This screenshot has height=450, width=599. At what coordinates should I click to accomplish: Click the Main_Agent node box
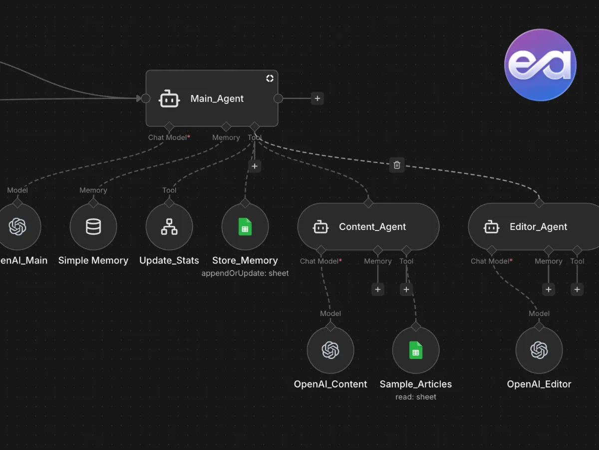click(x=212, y=98)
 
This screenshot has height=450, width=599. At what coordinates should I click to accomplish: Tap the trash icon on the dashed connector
click(x=397, y=165)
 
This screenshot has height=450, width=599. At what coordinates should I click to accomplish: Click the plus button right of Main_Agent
click(x=317, y=98)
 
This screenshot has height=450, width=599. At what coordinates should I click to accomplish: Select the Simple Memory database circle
click(x=93, y=226)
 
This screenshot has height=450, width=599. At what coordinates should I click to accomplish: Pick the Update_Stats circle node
click(x=169, y=226)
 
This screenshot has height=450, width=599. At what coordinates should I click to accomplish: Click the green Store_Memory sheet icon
click(x=245, y=226)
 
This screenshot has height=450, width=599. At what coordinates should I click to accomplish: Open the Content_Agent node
click(x=368, y=226)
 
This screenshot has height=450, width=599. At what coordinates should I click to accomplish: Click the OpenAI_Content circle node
click(x=330, y=350)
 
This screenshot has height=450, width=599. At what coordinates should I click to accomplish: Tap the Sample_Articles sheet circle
click(x=416, y=350)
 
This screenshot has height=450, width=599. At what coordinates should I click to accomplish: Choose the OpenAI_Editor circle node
click(x=539, y=350)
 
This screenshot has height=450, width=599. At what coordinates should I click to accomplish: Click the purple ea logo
click(x=541, y=65)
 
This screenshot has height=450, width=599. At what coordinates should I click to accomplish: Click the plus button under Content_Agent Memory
click(x=378, y=289)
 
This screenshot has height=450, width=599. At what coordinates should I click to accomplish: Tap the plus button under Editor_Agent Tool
click(x=577, y=289)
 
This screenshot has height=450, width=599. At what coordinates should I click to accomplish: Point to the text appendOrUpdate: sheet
click(x=245, y=273)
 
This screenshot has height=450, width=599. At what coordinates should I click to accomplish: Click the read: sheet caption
click(x=416, y=397)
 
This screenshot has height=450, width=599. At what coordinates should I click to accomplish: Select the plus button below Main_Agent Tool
click(x=255, y=166)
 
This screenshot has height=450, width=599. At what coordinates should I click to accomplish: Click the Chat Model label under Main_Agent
click(x=168, y=137)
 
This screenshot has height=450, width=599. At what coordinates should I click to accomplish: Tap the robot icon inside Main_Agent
click(x=169, y=98)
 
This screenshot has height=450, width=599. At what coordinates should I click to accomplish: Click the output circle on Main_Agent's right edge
click(x=279, y=98)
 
